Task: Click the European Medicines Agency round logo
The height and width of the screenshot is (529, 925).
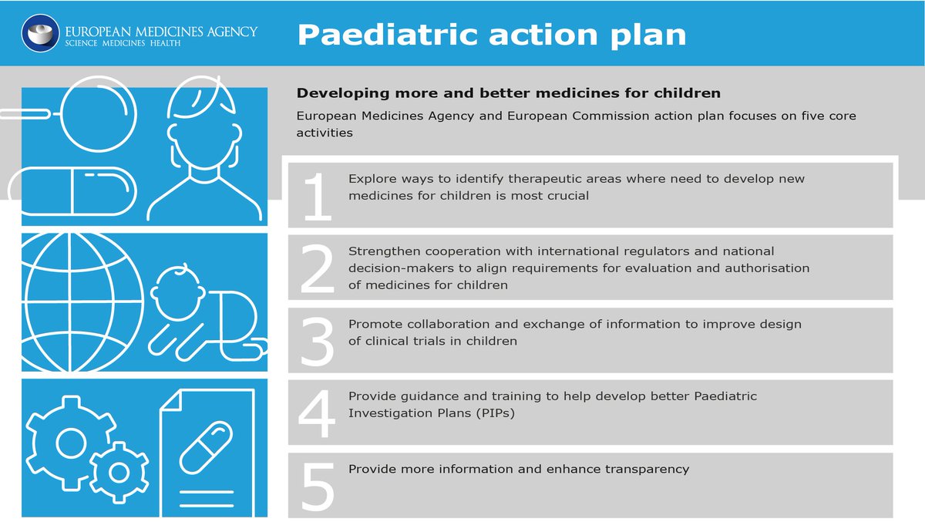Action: (x=40, y=33)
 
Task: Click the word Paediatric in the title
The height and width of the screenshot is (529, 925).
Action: (x=387, y=35)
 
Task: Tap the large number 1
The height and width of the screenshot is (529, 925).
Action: (x=318, y=196)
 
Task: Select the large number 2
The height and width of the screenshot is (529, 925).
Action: (x=317, y=268)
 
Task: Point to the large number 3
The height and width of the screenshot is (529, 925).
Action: (x=317, y=341)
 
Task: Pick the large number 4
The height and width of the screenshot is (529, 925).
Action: (x=316, y=413)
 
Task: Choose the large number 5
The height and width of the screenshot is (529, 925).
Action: (x=317, y=486)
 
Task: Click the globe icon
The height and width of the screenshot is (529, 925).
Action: (x=82, y=302)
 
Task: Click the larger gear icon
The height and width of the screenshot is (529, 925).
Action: (x=71, y=443)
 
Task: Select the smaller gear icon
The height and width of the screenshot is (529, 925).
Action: (x=119, y=473)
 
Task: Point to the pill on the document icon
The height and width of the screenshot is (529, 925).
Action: (x=206, y=448)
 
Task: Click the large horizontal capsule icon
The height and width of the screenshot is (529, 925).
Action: (x=72, y=191)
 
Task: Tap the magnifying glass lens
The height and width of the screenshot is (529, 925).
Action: (x=99, y=114)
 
